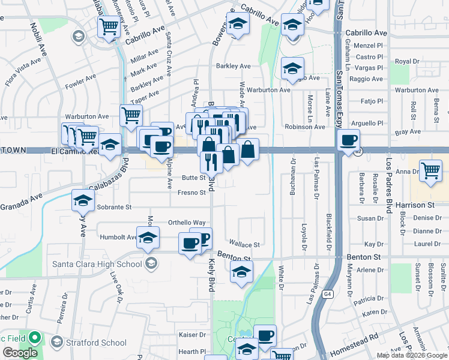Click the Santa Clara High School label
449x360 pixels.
[x=97, y=263]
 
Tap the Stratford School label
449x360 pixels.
[x=96, y=343]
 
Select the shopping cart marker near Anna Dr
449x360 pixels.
[x=430, y=170]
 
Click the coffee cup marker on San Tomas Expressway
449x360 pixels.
[x=348, y=141]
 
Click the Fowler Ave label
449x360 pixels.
[x=81, y=81]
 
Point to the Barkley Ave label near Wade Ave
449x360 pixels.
[x=234, y=66]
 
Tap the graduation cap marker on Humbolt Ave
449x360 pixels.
[x=147, y=239]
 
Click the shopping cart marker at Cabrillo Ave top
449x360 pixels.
[x=109, y=26]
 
